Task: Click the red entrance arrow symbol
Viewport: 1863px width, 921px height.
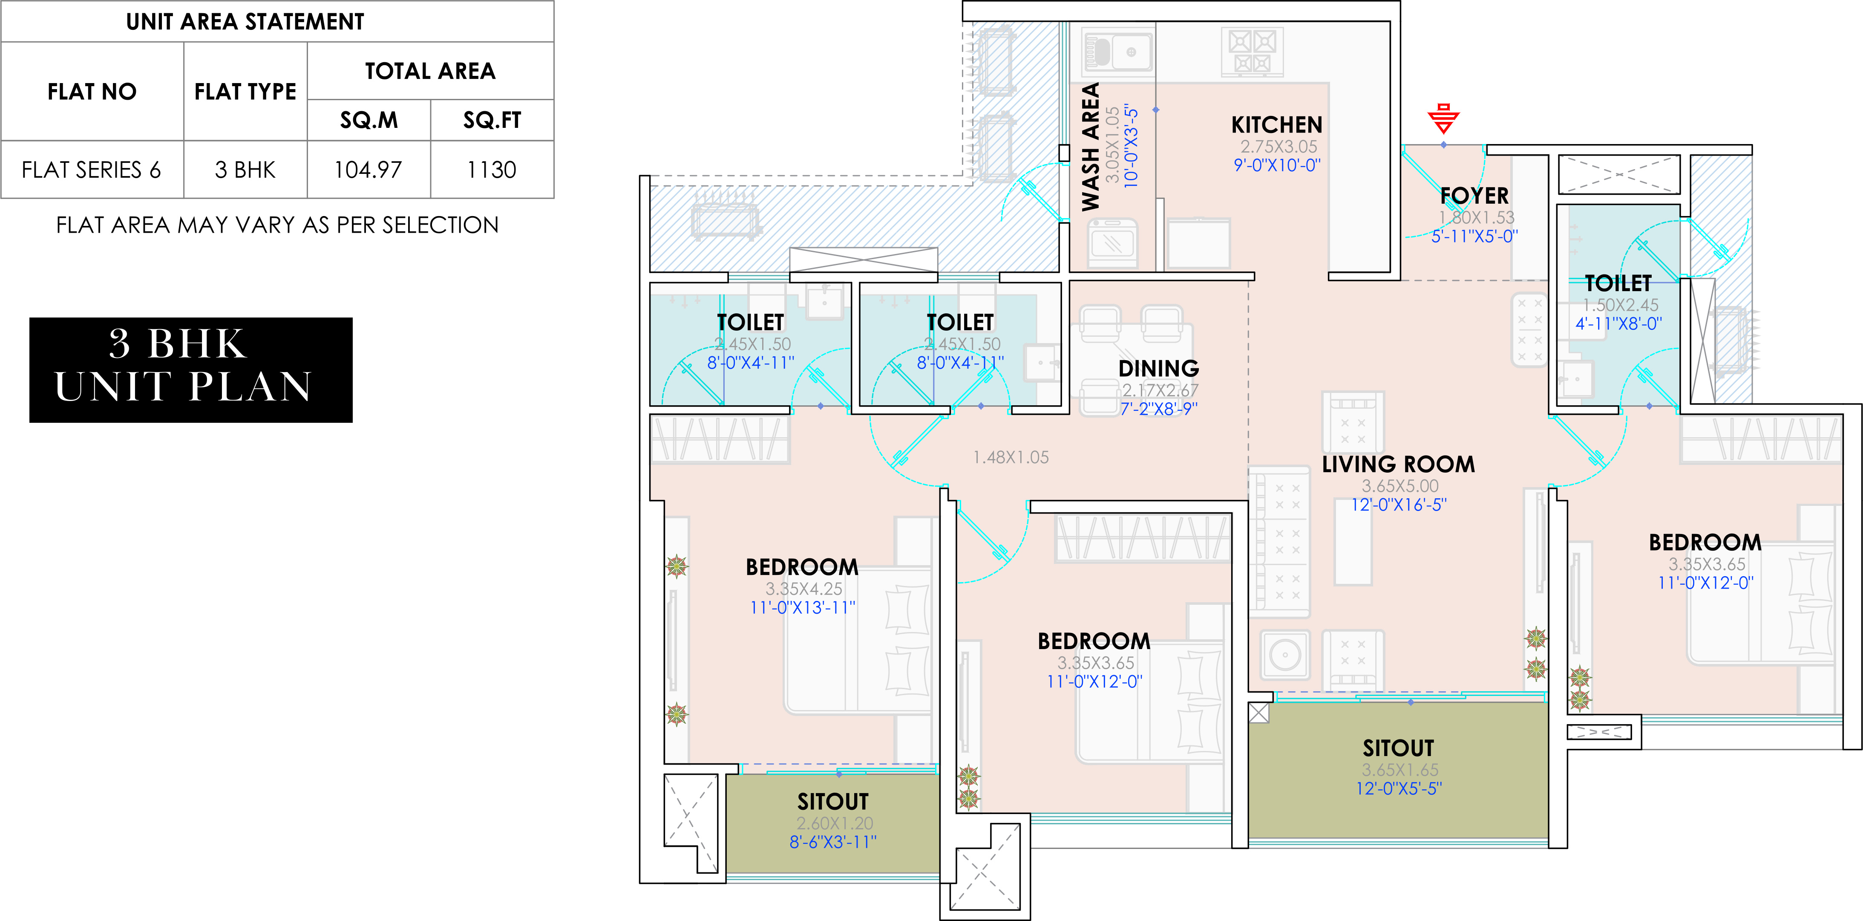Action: click(1443, 119)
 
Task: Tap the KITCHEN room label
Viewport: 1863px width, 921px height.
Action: click(1276, 125)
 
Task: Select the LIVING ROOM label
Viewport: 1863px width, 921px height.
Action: click(1398, 465)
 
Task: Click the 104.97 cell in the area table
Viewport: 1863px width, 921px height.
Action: click(368, 170)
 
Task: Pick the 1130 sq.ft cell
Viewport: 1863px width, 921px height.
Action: click(492, 170)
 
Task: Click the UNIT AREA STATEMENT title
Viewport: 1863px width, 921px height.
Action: click(245, 22)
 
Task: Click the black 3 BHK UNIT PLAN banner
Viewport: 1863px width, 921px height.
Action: click(191, 370)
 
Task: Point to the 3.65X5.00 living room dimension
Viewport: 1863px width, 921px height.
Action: click(1399, 486)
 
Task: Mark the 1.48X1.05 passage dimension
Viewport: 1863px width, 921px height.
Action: click(1011, 457)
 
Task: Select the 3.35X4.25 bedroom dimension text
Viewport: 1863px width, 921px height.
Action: click(803, 589)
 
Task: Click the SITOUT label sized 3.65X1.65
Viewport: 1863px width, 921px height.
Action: click(1398, 748)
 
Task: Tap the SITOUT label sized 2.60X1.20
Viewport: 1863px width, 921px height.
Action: click(832, 802)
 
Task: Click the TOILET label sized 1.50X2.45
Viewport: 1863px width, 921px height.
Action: click(1618, 283)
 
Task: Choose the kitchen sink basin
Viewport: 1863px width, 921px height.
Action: click(1117, 52)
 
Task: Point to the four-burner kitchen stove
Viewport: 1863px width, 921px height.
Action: click(1252, 52)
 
